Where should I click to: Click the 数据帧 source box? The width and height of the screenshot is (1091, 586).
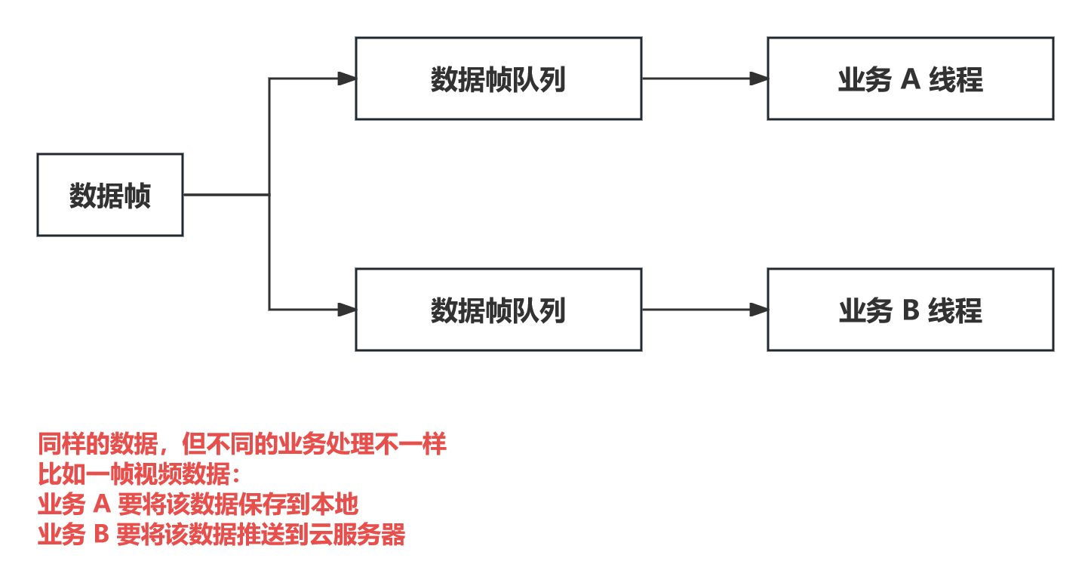click(x=110, y=195)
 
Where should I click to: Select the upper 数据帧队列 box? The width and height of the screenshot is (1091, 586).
click(x=498, y=79)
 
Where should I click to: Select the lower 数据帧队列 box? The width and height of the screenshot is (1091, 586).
click(x=498, y=310)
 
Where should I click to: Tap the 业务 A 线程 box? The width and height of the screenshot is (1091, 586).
click(x=910, y=79)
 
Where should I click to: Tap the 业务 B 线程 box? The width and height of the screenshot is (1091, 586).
click(x=910, y=310)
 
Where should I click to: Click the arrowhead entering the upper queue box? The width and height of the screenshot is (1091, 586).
click(x=346, y=79)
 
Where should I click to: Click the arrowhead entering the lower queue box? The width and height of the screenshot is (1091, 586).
click(x=346, y=310)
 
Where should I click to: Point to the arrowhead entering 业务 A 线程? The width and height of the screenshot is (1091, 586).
click(x=758, y=79)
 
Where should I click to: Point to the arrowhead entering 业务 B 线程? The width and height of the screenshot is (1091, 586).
click(x=758, y=310)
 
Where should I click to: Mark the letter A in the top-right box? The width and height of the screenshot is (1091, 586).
click(x=911, y=79)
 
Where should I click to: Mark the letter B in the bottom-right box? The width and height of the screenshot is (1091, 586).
click(x=911, y=310)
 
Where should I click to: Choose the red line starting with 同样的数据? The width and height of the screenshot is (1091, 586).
click(x=242, y=444)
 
